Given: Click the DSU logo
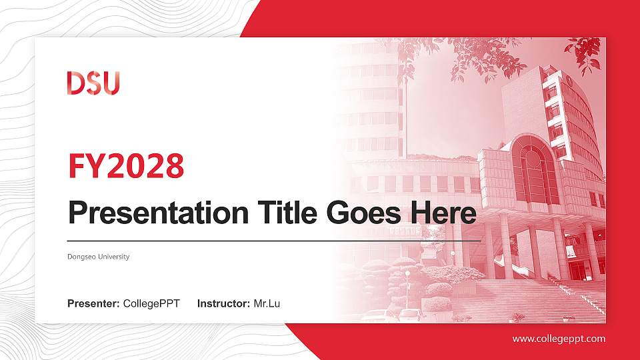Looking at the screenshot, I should point(93,83).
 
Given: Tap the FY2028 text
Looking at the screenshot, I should point(126,166).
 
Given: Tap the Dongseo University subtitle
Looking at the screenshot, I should point(99,257).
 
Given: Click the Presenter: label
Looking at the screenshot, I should point(94,304).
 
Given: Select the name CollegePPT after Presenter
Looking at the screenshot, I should point(151,304).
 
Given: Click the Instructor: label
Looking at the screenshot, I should point(224,304).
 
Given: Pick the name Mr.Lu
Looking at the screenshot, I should point(267,304).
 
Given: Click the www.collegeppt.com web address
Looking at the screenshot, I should point(559,339).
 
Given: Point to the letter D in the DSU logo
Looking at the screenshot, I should point(75,83).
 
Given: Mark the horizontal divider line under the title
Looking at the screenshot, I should point(273,240).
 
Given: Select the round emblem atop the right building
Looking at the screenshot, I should point(570,80).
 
